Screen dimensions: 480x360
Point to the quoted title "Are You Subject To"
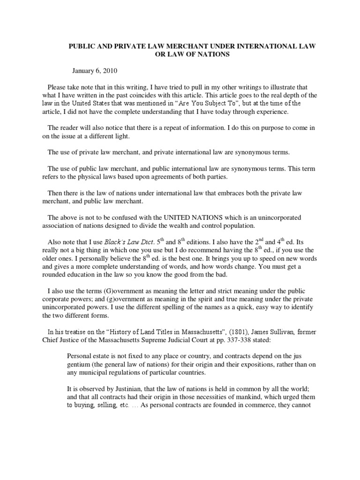coord(211,103)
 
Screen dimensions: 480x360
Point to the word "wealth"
coord(180,225)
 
